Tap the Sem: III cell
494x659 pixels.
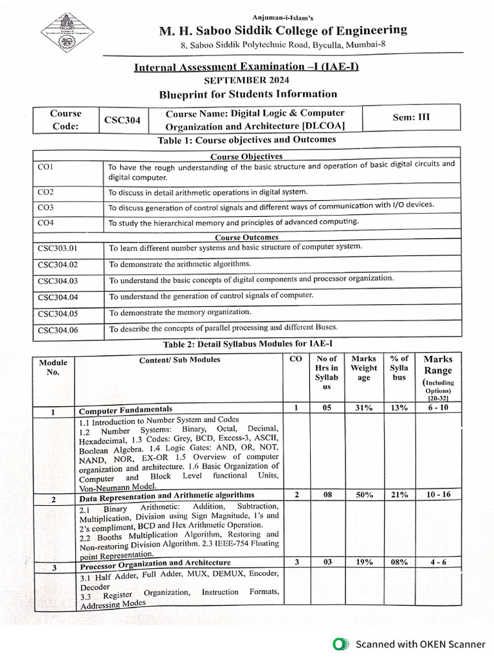click(411, 118)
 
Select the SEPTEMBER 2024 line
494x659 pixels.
click(246, 80)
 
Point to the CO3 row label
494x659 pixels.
click(46, 207)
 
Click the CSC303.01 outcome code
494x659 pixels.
click(57, 247)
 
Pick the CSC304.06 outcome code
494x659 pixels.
click(58, 330)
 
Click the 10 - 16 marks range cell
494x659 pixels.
click(438, 494)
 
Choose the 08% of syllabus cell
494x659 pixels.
click(399, 562)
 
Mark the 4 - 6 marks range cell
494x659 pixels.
click(438, 562)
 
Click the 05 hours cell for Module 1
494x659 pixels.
click(327, 407)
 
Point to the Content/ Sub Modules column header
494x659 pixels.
click(179, 360)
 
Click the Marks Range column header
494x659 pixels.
click(438, 365)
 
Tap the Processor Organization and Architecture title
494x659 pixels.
click(155, 565)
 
